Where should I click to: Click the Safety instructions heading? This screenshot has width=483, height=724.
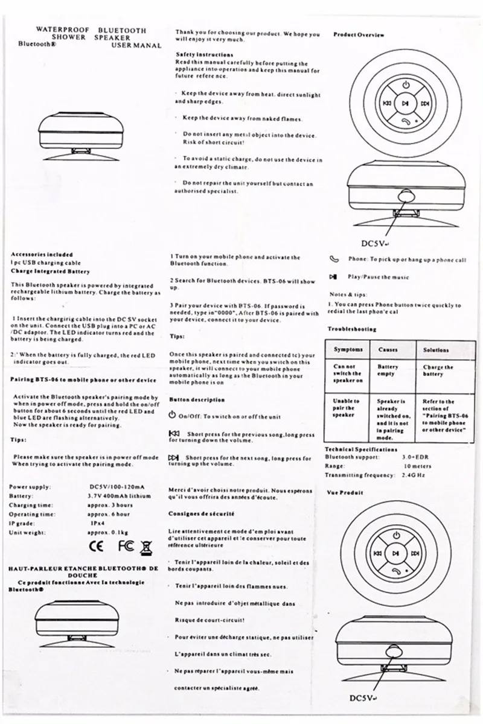(x=196, y=54)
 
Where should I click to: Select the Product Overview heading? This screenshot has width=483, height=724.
(x=359, y=35)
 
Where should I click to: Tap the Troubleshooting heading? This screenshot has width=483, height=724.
(x=351, y=329)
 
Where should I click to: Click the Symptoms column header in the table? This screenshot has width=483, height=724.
(x=348, y=350)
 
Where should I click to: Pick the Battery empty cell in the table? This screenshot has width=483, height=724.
(x=388, y=370)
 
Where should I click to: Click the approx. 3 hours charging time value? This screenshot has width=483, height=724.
(x=110, y=505)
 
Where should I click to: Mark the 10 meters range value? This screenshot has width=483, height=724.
(x=417, y=466)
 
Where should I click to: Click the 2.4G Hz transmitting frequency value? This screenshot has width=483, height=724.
(x=414, y=475)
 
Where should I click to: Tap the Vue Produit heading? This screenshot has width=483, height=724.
(x=345, y=492)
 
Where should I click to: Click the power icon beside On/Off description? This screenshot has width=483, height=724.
(x=172, y=416)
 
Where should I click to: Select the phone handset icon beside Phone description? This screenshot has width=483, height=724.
(x=334, y=259)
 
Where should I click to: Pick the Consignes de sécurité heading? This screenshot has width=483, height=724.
(x=202, y=513)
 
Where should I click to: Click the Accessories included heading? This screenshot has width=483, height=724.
(x=42, y=254)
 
